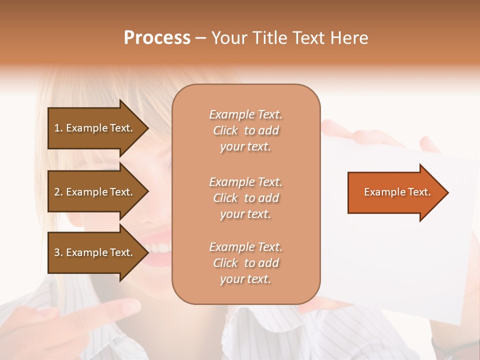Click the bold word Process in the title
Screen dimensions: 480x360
[x=157, y=37]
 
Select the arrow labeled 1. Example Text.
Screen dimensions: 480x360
[x=95, y=128]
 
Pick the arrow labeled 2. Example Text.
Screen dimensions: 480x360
[x=95, y=192]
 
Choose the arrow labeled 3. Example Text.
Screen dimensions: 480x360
[x=95, y=252]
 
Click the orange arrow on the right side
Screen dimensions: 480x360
[x=395, y=192]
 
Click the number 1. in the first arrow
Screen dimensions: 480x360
[x=58, y=128]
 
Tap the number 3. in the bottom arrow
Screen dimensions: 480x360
[x=58, y=252]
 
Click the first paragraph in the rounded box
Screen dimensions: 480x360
[x=245, y=130]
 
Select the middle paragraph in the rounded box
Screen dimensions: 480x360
[x=245, y=198]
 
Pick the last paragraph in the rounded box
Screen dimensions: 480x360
[x=245, y=263]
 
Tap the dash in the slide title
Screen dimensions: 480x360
[x=200, y=38]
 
